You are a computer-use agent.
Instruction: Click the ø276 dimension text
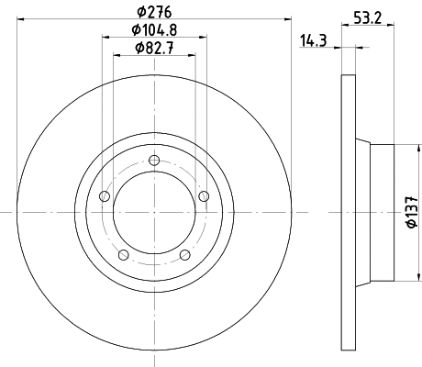[x=154, y=12]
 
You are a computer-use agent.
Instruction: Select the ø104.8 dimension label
[x=154, y=30]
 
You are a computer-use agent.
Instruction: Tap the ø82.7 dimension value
[x=154, y=48]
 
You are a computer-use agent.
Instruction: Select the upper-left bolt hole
[x=104, y=196]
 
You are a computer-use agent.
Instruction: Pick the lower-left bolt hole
[x=123, y=254]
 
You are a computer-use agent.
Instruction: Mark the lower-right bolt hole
[x=184, y=254]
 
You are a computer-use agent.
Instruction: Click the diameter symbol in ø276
[x=141, y=12]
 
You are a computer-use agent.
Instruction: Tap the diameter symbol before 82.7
[x=139, y=48]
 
